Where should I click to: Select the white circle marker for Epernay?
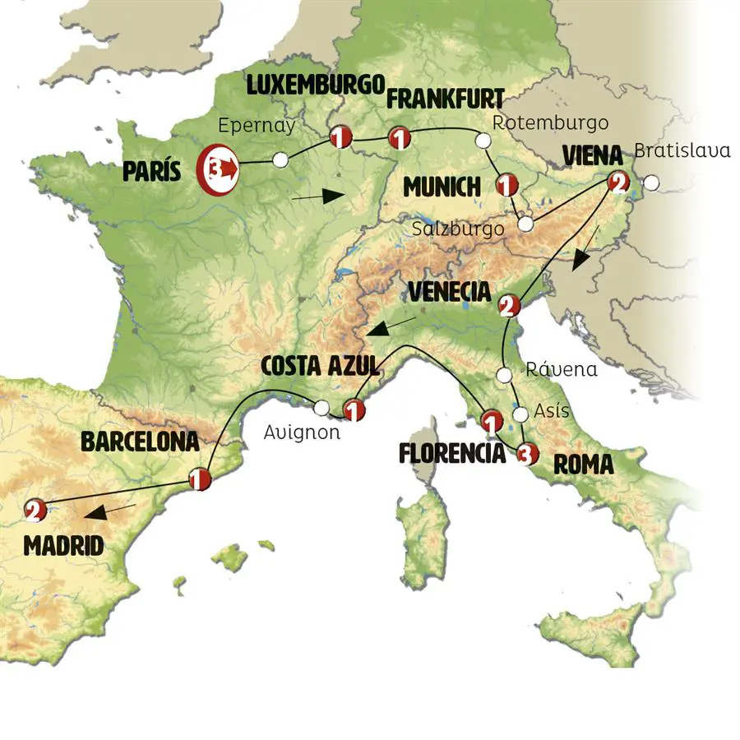click(280, 160)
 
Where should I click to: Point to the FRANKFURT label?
click(445, 99)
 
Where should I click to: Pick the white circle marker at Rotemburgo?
click(483, 142)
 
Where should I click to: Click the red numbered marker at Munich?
click(506, 185)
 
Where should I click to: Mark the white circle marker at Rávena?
click(504, 376)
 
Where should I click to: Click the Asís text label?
click(551, 410)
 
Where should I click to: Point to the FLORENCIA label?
click(451, 453)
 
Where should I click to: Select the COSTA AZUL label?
click(320, 366)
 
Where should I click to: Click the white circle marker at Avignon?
click(321, 407)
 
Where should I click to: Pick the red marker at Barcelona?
click(198, 478)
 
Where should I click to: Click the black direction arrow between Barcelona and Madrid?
click(111, 512)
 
